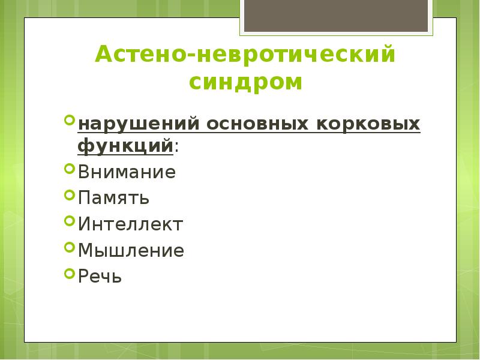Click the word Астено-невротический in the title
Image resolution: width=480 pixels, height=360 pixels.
[245, 56]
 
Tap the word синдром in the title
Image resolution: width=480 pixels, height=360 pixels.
[246, 82]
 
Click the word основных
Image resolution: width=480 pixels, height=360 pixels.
[254, 124]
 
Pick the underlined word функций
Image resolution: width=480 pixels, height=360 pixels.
[125, 146]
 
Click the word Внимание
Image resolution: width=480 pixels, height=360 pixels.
[127, 173]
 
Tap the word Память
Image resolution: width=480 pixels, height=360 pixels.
[113, 199]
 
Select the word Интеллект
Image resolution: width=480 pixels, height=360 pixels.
[130, 224]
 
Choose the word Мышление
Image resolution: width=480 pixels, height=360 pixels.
[131, 251]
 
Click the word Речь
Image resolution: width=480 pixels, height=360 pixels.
[100, 277]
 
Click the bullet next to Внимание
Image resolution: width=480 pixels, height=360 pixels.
[69, 170]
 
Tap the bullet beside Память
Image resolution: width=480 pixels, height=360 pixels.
[69, 196]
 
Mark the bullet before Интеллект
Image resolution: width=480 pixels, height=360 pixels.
[69, 221]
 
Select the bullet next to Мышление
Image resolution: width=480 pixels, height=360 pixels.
[69, 248]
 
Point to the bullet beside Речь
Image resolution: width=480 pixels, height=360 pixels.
[69, 274]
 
